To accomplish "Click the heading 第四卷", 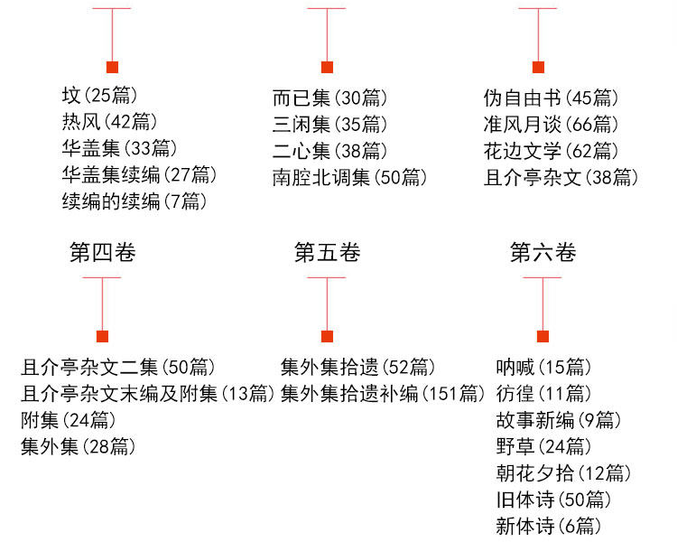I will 103,253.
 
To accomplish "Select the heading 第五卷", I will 327,253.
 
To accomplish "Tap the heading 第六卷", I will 543,253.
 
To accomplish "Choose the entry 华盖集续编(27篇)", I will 139,175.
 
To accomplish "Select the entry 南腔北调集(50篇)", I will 350,177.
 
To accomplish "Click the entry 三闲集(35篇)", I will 329,124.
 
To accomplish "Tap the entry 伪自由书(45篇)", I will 552,98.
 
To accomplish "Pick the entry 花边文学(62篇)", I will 552,151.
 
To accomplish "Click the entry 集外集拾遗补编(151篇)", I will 384,393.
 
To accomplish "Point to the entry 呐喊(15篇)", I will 543,367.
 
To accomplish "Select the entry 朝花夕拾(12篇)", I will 563,472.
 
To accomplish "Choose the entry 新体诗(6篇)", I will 549,526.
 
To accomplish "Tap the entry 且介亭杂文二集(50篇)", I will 118,367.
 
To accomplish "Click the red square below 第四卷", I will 103,337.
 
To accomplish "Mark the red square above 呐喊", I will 543,337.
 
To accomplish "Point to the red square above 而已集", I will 327,67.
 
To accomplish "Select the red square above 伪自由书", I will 538,67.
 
